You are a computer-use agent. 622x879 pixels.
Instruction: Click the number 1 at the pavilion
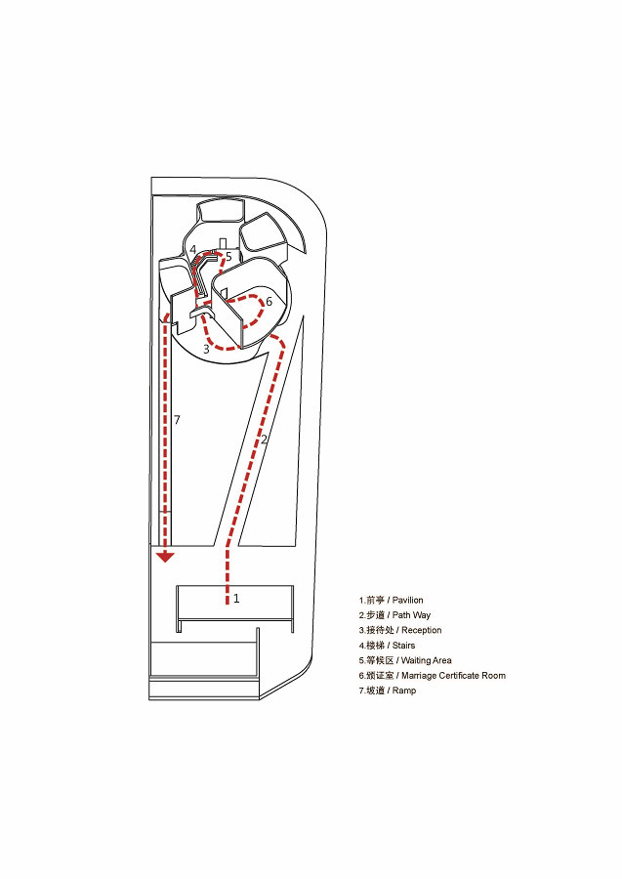tap(236, 598)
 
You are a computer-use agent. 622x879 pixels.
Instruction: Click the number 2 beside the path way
tap(264, 439)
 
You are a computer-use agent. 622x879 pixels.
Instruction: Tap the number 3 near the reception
tap(206, 349)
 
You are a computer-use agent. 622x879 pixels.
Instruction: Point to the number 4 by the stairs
tap(192, 249)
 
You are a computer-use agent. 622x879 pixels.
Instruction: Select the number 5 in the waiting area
tap(228, 257)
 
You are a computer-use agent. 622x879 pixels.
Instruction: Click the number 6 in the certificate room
tap(269, 302)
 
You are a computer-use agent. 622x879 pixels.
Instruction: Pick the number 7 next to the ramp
tap(177, 419)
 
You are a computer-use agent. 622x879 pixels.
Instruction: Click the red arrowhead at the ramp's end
tap(165, 557)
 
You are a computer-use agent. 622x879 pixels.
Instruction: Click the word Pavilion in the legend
tap(407, 600)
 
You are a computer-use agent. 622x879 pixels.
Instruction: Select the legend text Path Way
tap(411, 615)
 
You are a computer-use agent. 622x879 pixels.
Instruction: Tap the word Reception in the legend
tap(422, 630)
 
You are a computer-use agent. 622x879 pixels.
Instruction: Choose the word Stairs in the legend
tap(403, 646)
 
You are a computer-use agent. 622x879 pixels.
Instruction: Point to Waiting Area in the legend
tap(426, 660)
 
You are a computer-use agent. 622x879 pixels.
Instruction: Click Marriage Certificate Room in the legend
tap(453, 676)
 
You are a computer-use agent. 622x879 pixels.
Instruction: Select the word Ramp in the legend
tap(404, 691)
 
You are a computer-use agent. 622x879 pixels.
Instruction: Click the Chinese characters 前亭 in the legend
tap(375, 600)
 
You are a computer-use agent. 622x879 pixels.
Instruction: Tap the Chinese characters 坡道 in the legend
tap(375, 691)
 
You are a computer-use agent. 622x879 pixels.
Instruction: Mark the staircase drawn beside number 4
tap(200, 275)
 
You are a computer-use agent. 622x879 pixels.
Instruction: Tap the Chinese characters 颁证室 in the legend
tap(380, 676)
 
